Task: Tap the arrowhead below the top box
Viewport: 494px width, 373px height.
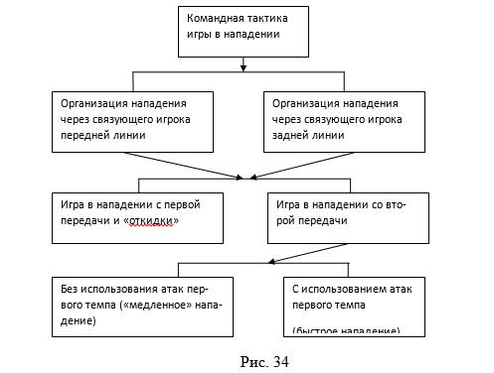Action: click(x=244, y=68)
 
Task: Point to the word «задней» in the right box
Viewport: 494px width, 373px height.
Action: click(x=289, y=134)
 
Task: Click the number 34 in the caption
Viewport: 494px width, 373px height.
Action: click(x=277, y=358)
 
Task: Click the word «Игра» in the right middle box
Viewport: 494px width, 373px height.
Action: click(x=288, y=204)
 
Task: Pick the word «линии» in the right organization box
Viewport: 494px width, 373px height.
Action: click(x=330, y=134)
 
